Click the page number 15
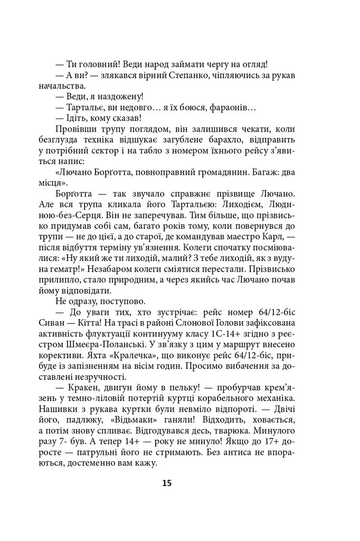tap(167, 483)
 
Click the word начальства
tap(75, 87)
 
